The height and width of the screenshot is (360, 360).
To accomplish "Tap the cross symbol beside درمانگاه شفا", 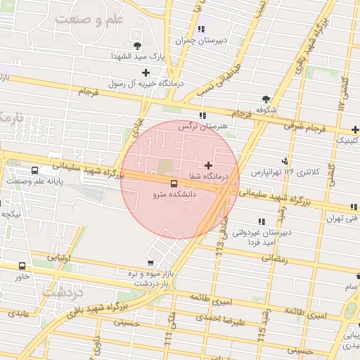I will pos(208,165).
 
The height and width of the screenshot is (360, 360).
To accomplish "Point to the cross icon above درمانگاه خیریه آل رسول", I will pos(146,72).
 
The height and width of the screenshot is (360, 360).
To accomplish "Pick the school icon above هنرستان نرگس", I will pos(202,115).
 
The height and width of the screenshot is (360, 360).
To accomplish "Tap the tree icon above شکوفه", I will pos(265,99).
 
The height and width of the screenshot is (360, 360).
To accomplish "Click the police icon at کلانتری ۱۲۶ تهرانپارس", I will pos(285,160).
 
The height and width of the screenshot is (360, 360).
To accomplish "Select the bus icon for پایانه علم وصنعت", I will pos(35,170).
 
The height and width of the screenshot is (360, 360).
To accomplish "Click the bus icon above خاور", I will pos(22,266).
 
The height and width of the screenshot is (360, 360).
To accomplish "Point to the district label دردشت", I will pos(63,290).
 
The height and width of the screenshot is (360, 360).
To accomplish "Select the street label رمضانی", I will pos(275,258).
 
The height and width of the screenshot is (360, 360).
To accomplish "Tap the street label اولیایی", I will pos(61,258).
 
